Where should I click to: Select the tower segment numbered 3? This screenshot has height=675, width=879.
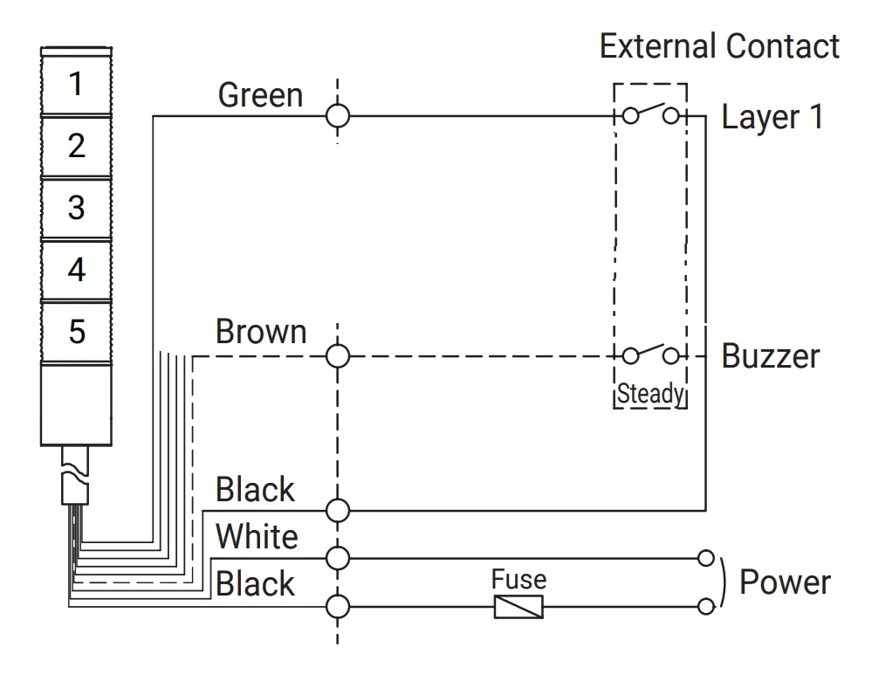(x=76, y=208)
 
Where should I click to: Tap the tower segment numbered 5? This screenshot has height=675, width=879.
(x=76, y=331)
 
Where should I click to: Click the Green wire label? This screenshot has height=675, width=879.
(x=260, y=95)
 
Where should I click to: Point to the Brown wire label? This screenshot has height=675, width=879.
(x=261, y=331)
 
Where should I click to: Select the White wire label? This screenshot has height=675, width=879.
(x=257, y=536)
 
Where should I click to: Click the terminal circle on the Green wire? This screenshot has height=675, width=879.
(x=338, y=117)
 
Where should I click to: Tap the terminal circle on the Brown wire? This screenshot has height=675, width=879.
(x=338, y=356)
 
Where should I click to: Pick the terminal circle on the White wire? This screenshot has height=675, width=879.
(x=338, y=558)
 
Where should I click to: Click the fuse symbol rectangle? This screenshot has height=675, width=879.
(x=518, y=607)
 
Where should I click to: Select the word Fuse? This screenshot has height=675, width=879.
(x=518, y=579)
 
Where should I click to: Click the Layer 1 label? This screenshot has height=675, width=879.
(x=772, y=118)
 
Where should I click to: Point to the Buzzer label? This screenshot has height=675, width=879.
(x=771, y=356)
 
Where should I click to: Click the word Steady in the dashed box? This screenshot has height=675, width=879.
(x=650, y=394)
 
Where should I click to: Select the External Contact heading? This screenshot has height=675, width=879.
(x=719, y=46)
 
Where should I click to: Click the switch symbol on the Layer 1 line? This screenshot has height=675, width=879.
(x=650, y=114)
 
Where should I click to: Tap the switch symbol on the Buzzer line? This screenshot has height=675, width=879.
(x=650, y=353)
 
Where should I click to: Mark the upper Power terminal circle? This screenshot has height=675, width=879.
(x=706, y=558)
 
